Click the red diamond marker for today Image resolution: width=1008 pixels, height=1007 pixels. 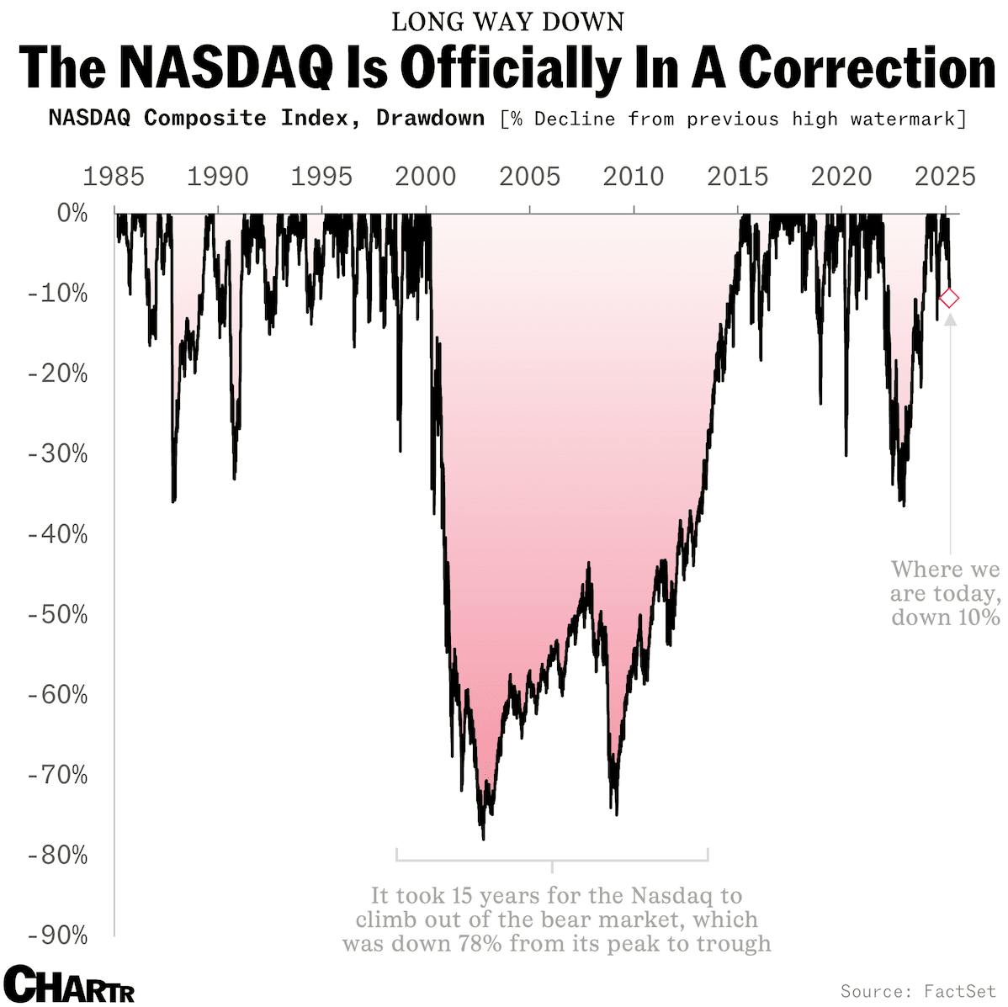[x=949, y=298]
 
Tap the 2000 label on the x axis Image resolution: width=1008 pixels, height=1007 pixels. [x=426, y=178]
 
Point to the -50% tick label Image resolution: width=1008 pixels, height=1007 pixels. [x=58, y=615]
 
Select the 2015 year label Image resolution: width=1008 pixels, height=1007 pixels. [x=737, y=178]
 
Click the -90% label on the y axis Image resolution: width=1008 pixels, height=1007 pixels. [x=58, y=935]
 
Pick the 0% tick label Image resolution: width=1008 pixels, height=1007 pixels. [x=72, y=214]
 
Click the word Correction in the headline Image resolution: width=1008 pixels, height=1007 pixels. [x=867, y=67]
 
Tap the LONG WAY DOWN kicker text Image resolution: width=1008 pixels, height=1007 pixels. [x=508, y=21]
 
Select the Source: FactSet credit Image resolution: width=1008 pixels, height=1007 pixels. [x=917, y=991]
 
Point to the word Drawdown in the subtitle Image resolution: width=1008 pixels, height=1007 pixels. [x=430, y=118]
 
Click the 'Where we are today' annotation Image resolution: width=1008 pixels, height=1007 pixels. [x=945, y=592]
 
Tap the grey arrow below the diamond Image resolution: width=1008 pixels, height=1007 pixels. [x=950, y=320]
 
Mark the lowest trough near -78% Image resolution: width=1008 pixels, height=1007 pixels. [x=483, y=838]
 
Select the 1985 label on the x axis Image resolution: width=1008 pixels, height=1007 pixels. [x=114, y=178]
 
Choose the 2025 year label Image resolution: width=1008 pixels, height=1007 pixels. [x=945, y=178]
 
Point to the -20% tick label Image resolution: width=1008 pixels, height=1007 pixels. [x=58, y=374]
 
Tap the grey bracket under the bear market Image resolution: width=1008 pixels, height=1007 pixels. [x=552, y=859]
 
